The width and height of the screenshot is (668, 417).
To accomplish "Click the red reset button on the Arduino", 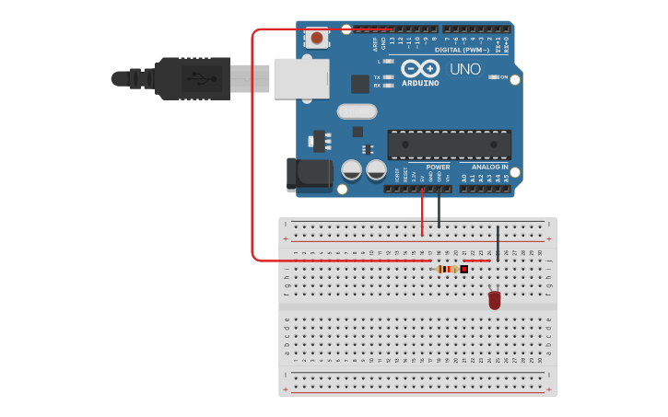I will [x=317, y=38].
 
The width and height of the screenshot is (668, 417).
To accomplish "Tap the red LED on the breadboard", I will [x=495, y=300].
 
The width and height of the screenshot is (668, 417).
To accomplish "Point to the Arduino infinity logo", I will [x=419, y=69].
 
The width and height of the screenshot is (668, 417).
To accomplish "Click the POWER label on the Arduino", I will [x=438, y=168].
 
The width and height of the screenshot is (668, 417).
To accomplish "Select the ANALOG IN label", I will [x=490, y=168].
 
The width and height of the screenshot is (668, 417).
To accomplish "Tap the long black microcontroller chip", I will [x=449, y=145].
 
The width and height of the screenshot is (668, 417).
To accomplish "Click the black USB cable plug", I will [x=193, y=78].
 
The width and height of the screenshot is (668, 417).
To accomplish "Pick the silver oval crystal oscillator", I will [x=357, y=111].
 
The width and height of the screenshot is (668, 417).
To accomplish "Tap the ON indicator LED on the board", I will [x=493, y=77].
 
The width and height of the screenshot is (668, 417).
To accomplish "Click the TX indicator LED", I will [x=388, y=77].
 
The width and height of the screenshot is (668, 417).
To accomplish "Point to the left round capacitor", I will [x=351, y=169].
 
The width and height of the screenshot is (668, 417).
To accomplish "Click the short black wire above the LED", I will [x=498, y=243].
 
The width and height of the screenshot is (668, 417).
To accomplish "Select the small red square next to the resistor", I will [x=464, y=269].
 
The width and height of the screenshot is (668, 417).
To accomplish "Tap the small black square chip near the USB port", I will [x=359, y=84].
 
